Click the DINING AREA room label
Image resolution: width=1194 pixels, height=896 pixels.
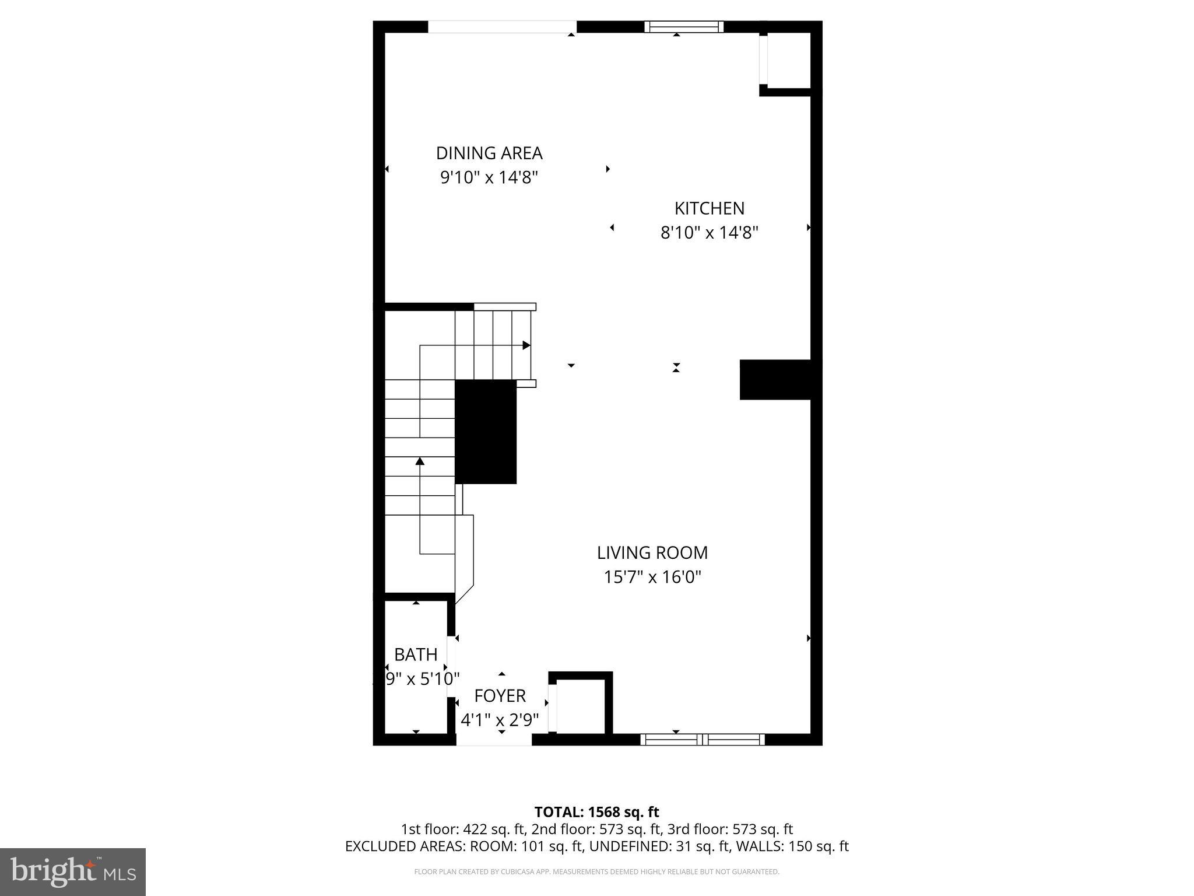click(489, 153)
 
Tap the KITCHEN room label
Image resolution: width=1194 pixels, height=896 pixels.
click(709, 208)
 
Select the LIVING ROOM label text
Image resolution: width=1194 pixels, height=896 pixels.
click(652, 552)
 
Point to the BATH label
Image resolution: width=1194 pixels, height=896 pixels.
click(416, 654)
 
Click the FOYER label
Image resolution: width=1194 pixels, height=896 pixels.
click(500, 695)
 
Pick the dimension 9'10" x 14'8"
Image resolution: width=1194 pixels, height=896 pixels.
click(489, 177)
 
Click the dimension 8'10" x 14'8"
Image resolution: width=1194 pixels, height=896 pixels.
click(709, 233)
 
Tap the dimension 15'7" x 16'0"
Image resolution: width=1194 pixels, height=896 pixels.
click(652, 577)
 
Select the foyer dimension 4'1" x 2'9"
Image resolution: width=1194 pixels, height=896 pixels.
click(500, 720)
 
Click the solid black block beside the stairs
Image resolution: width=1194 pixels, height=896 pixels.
click(486, 432)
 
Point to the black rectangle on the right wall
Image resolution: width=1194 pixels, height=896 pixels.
click(775, 380)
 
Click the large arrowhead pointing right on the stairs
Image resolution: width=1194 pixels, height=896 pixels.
click(526, 345)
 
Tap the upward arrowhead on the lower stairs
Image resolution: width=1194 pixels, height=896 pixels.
click(420, 461)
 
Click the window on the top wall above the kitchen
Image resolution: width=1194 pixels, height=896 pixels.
click(684, 27)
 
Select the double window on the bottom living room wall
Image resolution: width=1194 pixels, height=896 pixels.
click(703, 739)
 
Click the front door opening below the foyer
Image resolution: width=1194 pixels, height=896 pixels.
click(494, 739)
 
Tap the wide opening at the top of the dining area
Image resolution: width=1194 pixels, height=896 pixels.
click(502, 27)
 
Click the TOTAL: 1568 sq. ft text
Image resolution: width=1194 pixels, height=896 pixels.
click(596, 812)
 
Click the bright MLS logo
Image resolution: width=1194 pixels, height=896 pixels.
click(73, 871)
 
